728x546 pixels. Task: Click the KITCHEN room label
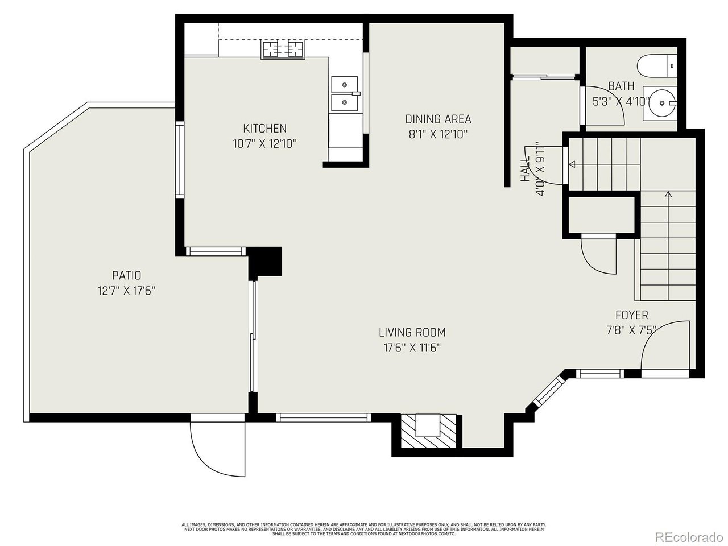pos(264,129)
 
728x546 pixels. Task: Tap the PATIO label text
pos(126,276)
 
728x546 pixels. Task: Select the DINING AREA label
pos(438,119)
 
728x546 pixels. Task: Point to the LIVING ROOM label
pos(412,332)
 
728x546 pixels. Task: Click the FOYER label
pos(631,315)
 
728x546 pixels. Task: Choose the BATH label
pos(621,86)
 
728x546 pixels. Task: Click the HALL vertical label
pos(525,169)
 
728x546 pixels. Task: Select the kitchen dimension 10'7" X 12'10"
pos(264,144)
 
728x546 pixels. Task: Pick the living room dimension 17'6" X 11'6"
pos(412,348)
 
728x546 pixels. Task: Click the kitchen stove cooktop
pos(283,49)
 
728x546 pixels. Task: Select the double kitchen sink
pos(345,93)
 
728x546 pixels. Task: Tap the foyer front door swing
pos(664,346)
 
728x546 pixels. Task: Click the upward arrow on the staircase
pos(668,195)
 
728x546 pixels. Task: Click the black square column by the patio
pos(266,262)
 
